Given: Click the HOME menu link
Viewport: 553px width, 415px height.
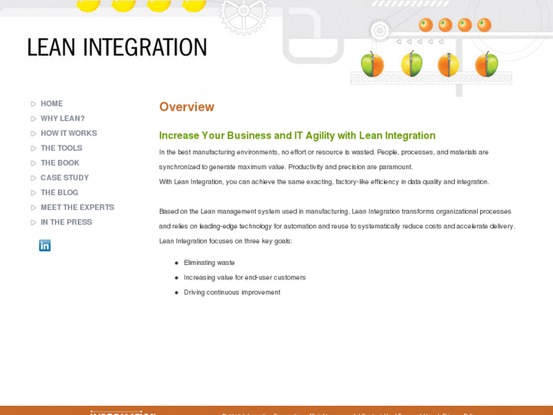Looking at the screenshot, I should [52, 104].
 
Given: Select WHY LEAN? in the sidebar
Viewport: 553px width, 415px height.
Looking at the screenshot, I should [62, 119].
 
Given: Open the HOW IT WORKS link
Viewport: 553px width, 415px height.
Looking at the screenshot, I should [68, 133].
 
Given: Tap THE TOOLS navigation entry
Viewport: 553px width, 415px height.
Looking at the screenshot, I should [61, 148].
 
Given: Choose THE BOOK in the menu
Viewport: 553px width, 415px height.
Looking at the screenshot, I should [59, 163].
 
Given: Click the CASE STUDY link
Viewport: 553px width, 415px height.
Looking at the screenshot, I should [65, 177].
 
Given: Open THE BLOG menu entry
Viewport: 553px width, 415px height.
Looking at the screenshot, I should [59, 193].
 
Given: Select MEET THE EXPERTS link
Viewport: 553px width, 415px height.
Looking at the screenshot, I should [77, 207].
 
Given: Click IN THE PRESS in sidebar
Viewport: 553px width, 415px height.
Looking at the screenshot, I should [66, 222].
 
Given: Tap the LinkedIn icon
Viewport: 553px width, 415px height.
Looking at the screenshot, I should [45, 245].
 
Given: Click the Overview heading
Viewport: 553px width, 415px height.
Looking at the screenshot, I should [186, 107].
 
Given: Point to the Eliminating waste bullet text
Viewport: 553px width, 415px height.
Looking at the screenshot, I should [209, 263].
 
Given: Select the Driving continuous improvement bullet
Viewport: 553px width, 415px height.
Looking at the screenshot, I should [232, 292].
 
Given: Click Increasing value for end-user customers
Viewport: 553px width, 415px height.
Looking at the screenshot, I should [244, 277].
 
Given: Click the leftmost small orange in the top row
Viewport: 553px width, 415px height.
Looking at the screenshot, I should [426, 25].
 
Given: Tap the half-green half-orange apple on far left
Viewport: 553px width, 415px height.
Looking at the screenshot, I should [372, 65].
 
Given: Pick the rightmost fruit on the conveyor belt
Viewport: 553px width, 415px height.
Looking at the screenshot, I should [487, 65].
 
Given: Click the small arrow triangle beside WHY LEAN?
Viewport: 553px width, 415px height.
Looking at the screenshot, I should [33, 119].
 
